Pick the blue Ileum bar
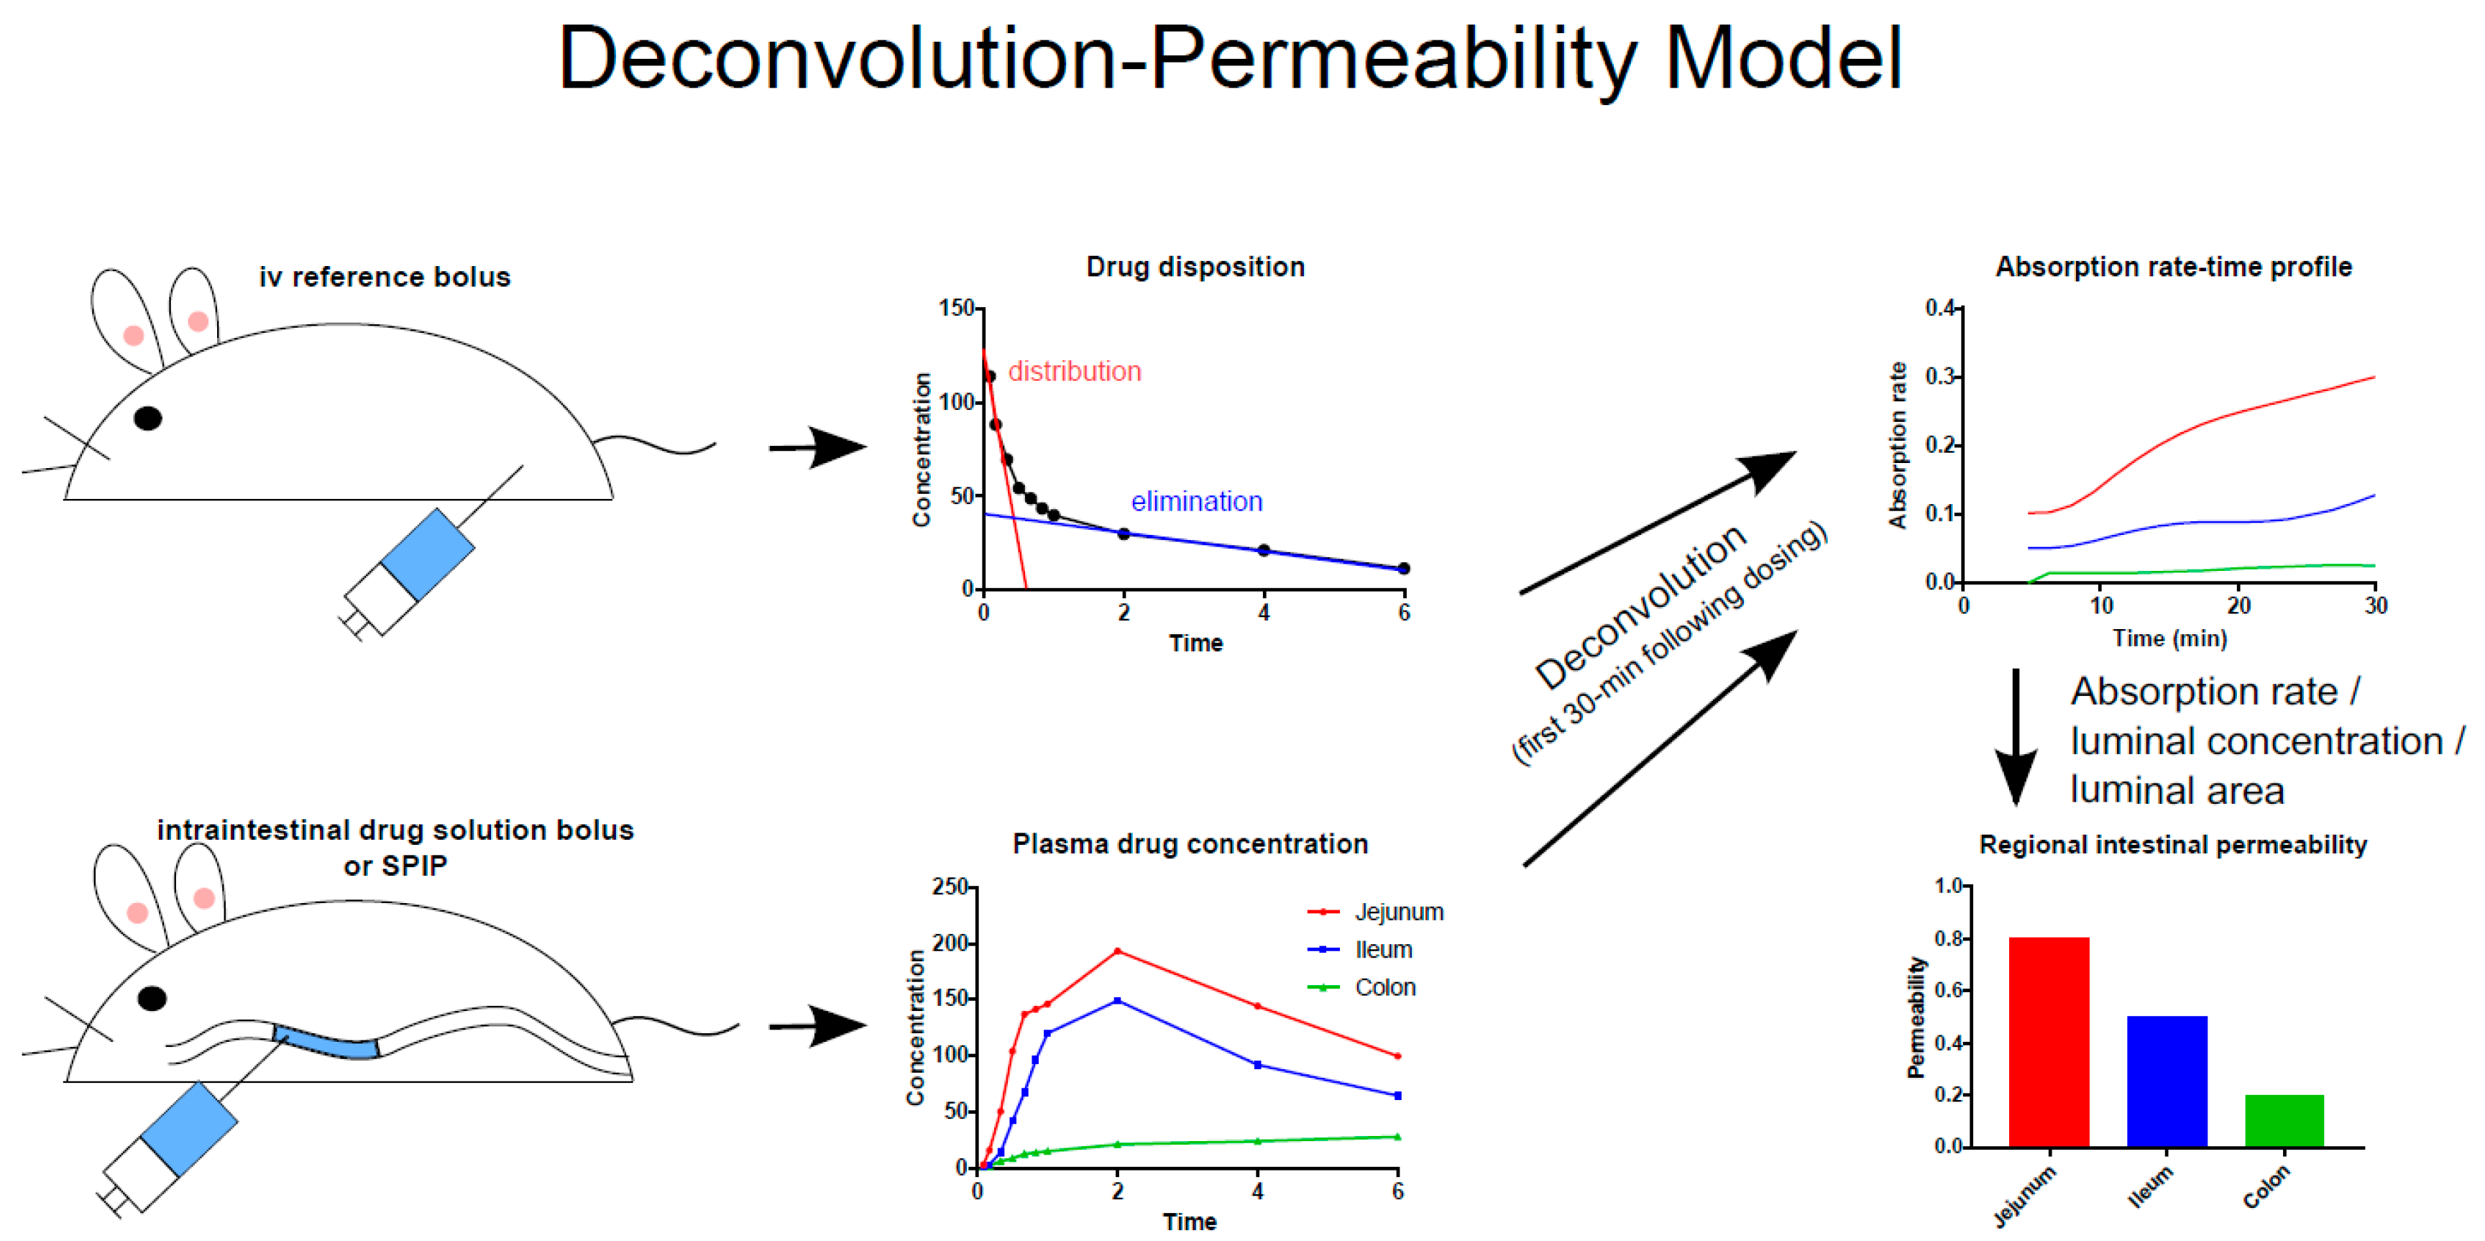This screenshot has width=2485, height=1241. [2166, 1080]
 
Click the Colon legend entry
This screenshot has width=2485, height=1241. [1384, 987]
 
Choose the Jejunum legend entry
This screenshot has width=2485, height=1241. [1398, 912]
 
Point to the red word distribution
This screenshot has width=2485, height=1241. [1074, 372]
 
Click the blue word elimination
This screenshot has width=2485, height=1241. [1196, 502]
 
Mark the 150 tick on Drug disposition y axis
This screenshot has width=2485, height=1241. [957, 308]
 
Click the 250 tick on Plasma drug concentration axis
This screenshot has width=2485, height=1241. [950, 887]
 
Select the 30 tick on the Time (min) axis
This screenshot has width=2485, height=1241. [2375, 606]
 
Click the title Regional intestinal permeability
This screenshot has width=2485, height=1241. [2172, 846]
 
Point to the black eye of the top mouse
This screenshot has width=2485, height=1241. [147, 418]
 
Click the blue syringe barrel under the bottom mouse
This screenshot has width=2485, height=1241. [189, 1128]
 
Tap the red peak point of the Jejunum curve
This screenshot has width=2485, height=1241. [1117, 951]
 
